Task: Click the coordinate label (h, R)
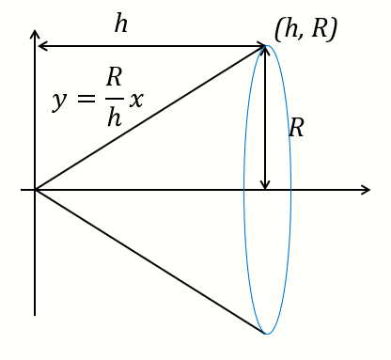(305, 29)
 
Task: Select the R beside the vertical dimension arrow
(296, 128)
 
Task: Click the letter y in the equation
(59, 100)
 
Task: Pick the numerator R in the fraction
(114, 78)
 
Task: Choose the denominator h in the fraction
(114, 119)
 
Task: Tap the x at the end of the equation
(136, 100)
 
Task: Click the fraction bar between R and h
(114, 99)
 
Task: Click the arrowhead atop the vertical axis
(35, 35)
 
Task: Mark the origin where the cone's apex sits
(35, 190)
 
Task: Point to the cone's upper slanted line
(150, 118)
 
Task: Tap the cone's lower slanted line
(150, 262)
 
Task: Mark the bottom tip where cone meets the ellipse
(267, 334)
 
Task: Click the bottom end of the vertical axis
(35, 314)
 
